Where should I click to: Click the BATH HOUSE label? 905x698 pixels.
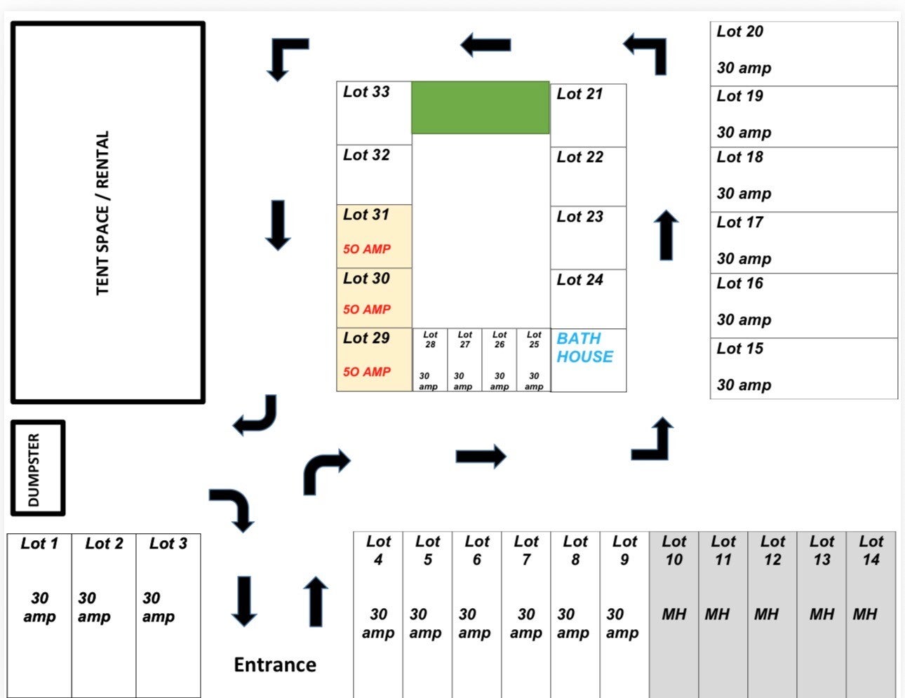(584, 348)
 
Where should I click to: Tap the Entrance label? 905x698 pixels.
(275, 665)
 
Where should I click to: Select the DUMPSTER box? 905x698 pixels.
(38, 468)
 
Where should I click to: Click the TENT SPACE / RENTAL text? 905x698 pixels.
(102, 213)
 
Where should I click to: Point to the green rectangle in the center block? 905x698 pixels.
(480, 107)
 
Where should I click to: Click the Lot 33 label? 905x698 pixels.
(366, 92)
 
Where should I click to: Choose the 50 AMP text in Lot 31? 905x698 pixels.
(366, 249)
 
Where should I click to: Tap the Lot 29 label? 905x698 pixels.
(366, 337)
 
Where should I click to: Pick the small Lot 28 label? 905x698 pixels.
(430, 340)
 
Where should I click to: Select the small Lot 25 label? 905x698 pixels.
(534, 340)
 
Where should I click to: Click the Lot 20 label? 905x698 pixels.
(739, 32)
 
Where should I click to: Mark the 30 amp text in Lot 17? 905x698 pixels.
(744, 259)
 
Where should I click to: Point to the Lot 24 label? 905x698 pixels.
(579, 280)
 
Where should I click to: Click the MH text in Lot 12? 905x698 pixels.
(766, 615)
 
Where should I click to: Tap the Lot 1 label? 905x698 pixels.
(39, 544)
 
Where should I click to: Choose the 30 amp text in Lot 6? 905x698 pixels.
(475, 624)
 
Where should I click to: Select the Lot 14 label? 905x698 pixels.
(871, 551)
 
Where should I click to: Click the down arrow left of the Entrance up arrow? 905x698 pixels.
(244, 601)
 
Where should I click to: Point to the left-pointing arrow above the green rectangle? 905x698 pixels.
(485, 45)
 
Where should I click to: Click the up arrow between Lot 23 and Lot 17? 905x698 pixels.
(666, 235)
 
